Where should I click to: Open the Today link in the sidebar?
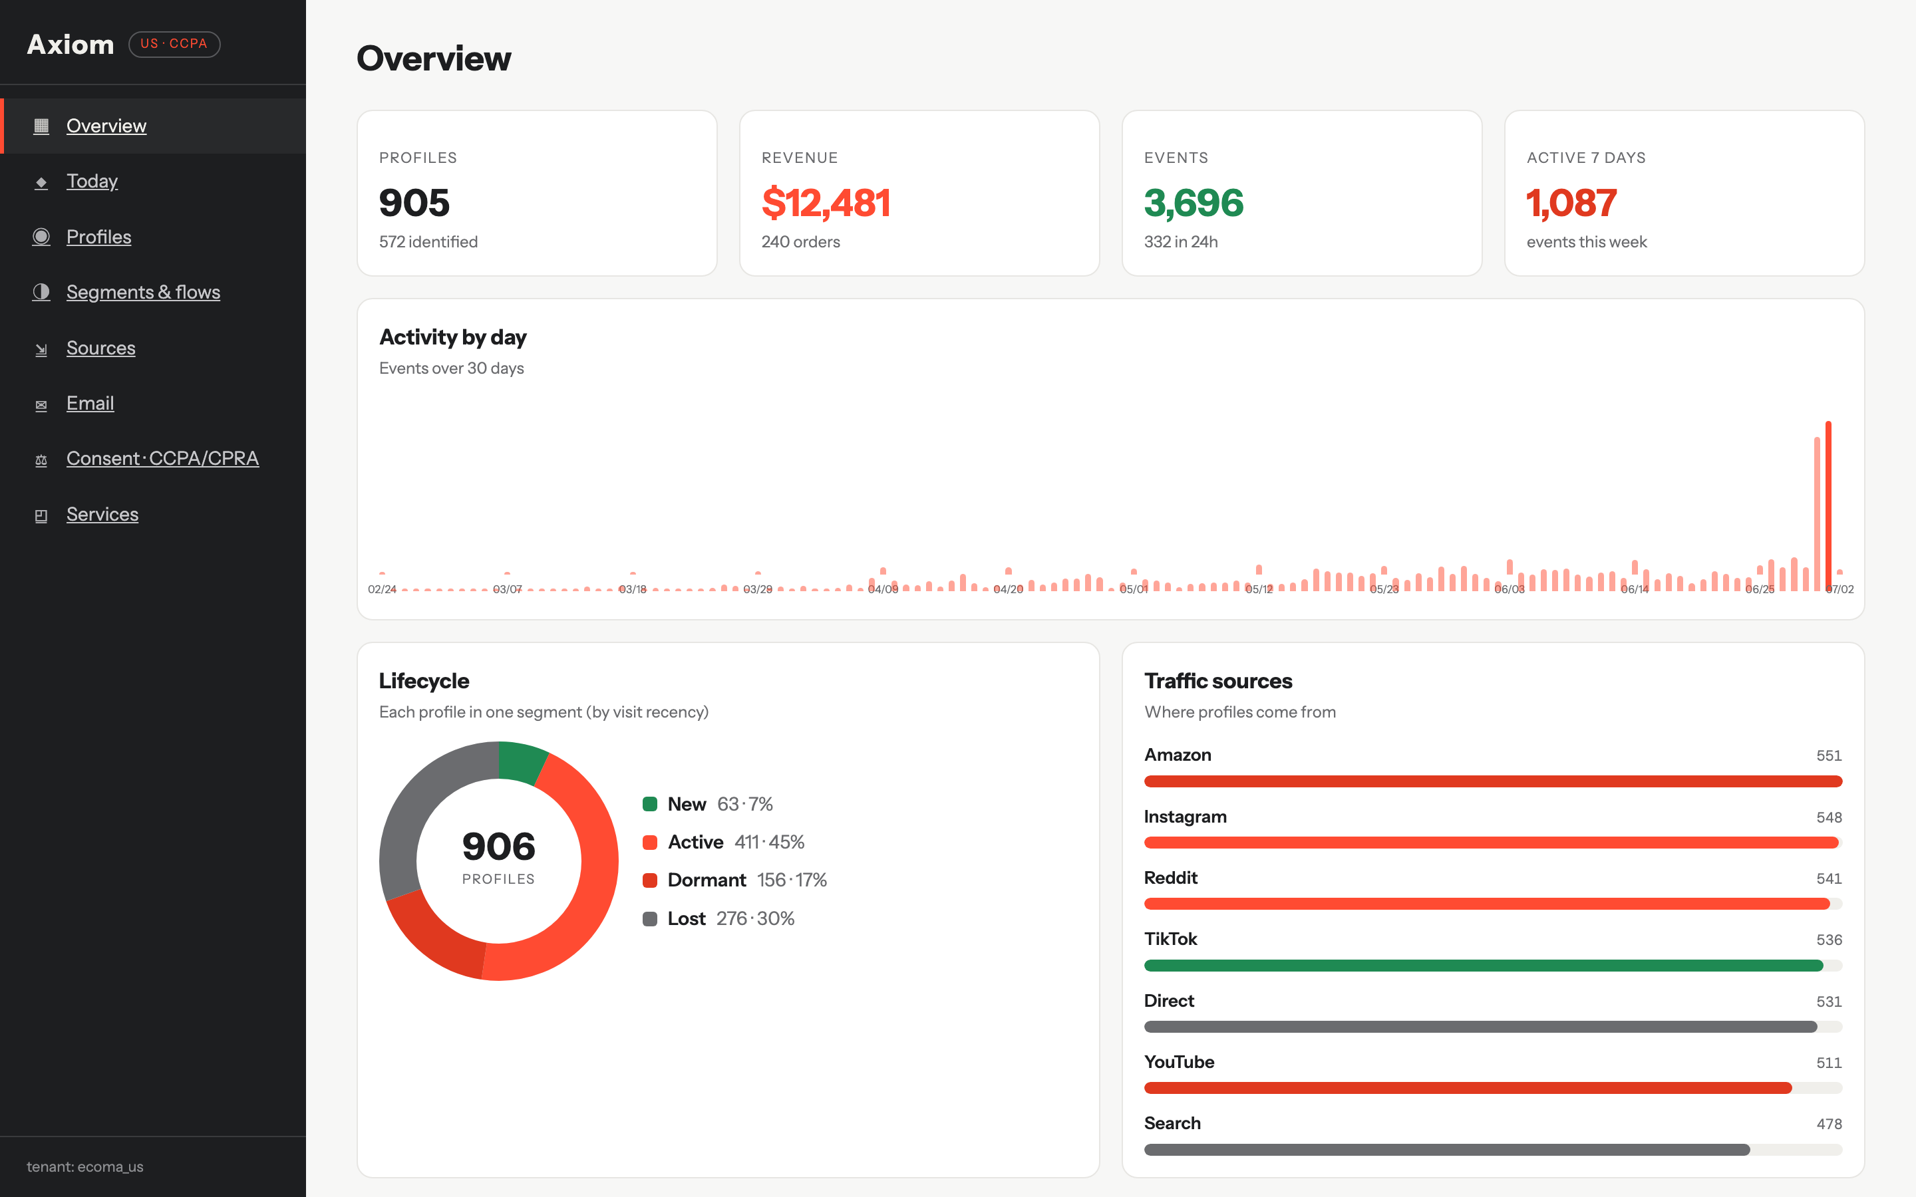92,182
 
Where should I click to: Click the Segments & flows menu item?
143,292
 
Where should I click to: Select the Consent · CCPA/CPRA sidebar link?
162,458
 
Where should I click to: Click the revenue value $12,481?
826,203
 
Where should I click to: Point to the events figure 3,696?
1193,203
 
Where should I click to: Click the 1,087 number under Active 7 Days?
1571,203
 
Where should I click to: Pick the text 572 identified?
428,242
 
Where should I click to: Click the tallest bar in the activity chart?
1828,506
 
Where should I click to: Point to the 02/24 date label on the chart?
382,589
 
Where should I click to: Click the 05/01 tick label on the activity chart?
1133,589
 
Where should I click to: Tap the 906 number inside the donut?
499,847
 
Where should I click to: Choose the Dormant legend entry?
734,880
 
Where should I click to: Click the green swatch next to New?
650,805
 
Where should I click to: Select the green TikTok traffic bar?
1483,966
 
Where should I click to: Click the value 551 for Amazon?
1828,756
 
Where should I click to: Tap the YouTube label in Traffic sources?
1179,1063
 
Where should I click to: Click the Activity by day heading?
453,337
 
